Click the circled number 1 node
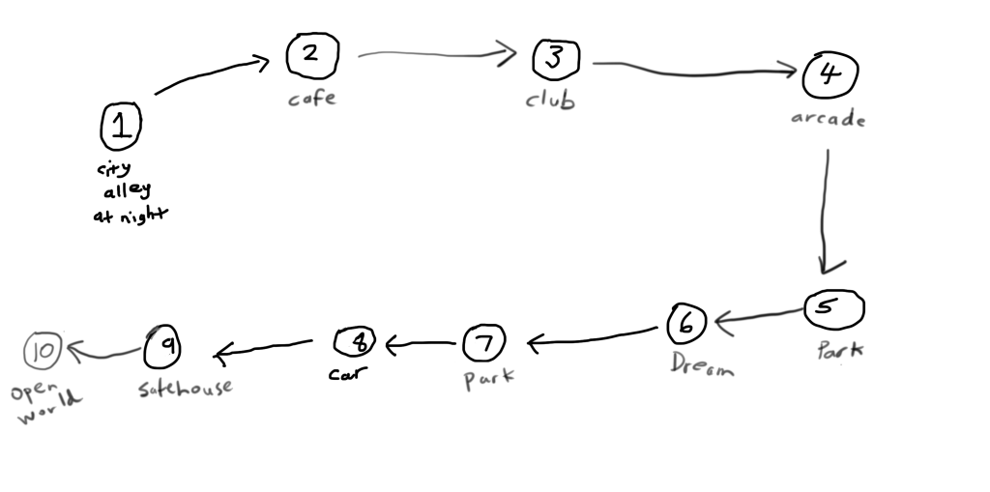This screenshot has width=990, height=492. [x=121, y=127]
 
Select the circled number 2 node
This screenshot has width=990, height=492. [x=311, y=55]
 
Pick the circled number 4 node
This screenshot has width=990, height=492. [x=829, y=74]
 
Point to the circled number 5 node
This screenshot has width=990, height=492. [x=833, y=309]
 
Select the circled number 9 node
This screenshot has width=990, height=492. [x=163, y=346]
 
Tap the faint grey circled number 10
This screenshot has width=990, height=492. [x=44, y=352]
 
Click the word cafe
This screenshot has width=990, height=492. [x=312, y=98]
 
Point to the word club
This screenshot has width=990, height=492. [x=550, y=100]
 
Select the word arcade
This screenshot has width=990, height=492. [x=827, y=120]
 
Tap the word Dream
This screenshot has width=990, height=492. [x=703, y=364]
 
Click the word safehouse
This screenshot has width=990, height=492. [x=185, y=389]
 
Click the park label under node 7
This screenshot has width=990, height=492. [x=488, y=378]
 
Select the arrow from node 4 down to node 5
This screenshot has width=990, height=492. [x=827, y=208]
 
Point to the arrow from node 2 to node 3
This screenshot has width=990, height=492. [x=435, y=53]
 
